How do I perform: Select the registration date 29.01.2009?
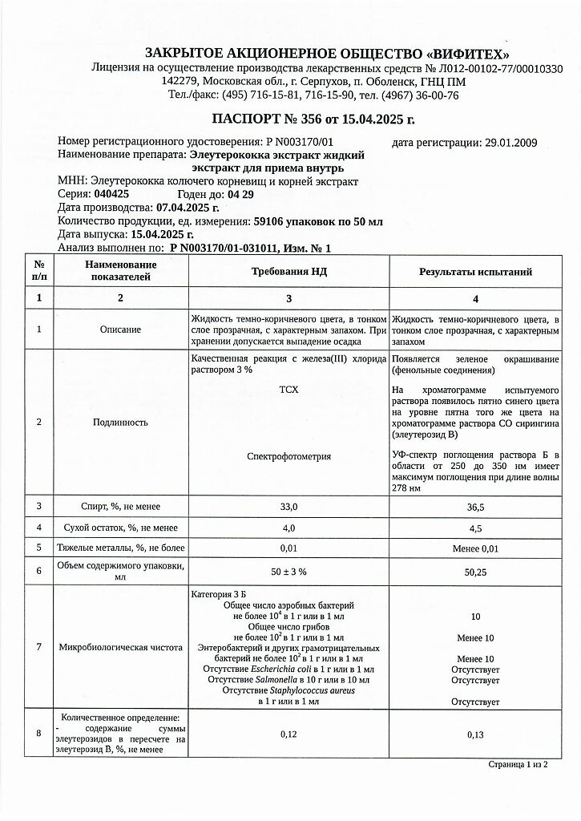click(x=511, y=143)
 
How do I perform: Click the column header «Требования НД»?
click(x=289, y=272)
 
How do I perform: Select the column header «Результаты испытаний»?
click(x=475, y=272)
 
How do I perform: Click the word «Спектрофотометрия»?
click(x=288, y=456)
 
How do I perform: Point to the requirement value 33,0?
click(x=288, y=507)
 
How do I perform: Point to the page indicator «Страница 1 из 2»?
click(x=518, y=765)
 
